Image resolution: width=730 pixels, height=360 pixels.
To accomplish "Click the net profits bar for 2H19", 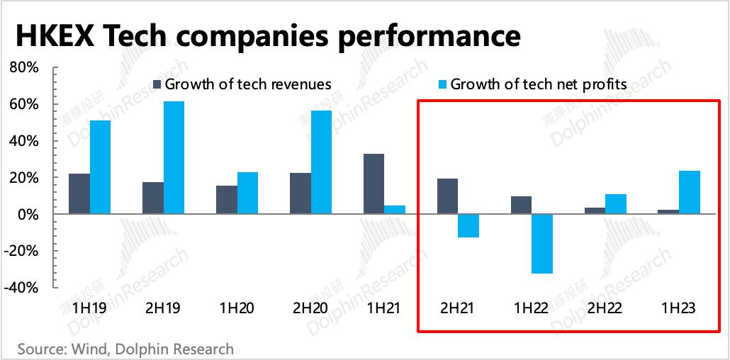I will pos(174,157).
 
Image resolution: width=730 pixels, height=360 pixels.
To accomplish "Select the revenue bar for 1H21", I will pos(374,184).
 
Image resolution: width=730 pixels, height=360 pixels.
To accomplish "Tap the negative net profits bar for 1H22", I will pos(542,243).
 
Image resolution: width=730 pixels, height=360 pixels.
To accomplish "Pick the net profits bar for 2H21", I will pos(468,225).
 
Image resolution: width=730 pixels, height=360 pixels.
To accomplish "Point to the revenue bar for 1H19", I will pos(79,193).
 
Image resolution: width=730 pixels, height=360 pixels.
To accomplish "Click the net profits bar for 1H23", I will pos(690,192).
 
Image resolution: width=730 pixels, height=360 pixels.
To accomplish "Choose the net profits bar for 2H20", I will pos(321,162).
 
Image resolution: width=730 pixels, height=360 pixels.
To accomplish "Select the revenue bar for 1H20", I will pos(226,199).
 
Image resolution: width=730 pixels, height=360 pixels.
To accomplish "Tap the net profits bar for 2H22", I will pos(616,203).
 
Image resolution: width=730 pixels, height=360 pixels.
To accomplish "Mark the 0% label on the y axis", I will pos(28,214).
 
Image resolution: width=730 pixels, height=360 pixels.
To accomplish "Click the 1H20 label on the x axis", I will pos(237,308).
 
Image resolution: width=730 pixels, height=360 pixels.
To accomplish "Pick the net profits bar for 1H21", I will pos(395,210).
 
